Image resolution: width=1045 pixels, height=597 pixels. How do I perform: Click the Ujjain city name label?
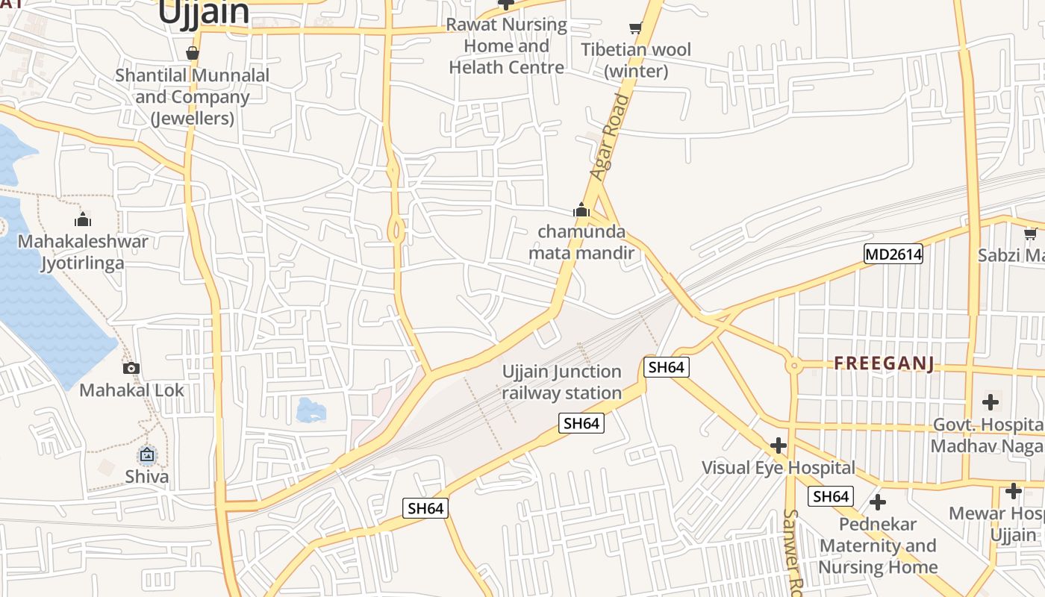(x=203, y=12)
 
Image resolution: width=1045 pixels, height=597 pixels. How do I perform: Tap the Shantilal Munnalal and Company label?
(x=193, y=97)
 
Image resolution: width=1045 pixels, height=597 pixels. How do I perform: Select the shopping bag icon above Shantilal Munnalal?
(x=193, y=53)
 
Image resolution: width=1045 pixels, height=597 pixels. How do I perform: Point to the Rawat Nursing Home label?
(x=506, y=46)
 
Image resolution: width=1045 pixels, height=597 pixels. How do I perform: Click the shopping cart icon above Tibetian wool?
(x=635, y=28)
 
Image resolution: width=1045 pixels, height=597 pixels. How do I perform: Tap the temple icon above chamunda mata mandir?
(x=581, y=210)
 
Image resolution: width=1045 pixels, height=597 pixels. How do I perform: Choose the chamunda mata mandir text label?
(x=581, y=243)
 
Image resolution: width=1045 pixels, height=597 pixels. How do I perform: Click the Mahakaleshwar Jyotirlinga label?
(x=83, y=252)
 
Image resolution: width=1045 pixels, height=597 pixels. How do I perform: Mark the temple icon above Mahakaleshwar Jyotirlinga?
(x=83, y=219)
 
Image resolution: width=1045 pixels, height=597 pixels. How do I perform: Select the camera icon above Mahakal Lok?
(x=131, y=368)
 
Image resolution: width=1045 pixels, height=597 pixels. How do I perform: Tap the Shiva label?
(x=147, y=476)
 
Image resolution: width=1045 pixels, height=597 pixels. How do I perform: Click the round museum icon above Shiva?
(x=147, y=454)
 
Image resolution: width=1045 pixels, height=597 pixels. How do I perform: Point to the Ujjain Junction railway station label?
(x=561, y=382)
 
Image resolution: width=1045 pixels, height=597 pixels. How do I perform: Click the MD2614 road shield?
(x=893, y=254)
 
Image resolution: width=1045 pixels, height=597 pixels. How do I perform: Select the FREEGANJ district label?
(x=884, y=363)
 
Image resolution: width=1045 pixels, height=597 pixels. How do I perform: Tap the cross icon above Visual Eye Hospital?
(x=779, y=446)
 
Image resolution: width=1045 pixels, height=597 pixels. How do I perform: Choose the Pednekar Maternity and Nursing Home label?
(x=878, y=546)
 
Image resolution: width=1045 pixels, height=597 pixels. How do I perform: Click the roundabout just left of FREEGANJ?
(x=793, y=366)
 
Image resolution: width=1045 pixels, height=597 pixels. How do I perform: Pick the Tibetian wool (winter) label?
(x=636, y=60)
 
